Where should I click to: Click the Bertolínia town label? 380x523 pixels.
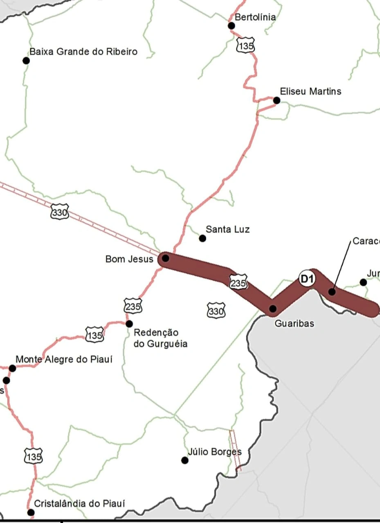click(255, 17)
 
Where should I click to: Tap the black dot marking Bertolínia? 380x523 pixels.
click(231, 26)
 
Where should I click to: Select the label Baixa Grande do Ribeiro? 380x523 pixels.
click(83, 52)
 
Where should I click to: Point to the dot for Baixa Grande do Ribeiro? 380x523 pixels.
click(26, 60)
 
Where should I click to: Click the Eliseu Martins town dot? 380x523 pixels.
click(277, 100)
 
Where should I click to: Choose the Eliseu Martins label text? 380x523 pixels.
click(310, 91)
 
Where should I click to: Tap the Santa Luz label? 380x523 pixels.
click(227, 229)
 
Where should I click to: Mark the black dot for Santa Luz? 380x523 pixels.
click(202, 238)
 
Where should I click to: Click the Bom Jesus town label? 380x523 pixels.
click(129, 259)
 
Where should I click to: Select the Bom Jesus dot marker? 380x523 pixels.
click(165, 258)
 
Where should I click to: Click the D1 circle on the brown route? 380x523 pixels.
click(307, 279)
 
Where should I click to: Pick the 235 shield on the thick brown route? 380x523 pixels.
click(238, 283)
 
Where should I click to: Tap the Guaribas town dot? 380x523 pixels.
click(273, 308)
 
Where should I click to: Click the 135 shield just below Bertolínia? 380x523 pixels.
click(245, 46)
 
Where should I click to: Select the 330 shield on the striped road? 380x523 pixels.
click(60, 212)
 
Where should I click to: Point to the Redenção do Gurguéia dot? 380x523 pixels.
click(129, 324)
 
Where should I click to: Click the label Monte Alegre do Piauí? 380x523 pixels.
click(64, 360)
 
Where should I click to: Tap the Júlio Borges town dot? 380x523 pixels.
click(185, 460)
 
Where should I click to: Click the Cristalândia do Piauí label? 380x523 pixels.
click(79, 503)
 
